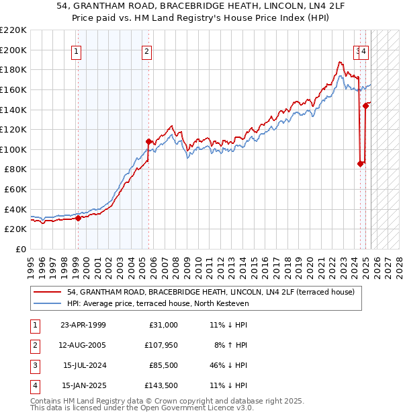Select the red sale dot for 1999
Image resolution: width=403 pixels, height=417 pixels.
click(78, 217)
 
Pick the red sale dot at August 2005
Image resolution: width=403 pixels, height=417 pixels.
click(148, 141)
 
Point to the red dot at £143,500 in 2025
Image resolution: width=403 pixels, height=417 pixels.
click(366, 105)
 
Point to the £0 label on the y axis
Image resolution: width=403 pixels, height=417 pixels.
click(21, 249)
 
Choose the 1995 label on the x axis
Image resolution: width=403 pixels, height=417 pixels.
click(31, 266)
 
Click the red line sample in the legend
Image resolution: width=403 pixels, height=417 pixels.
click(47, 293)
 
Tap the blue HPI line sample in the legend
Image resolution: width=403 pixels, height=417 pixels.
click(47, 304)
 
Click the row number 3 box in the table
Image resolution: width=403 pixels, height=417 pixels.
click(34, 365)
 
